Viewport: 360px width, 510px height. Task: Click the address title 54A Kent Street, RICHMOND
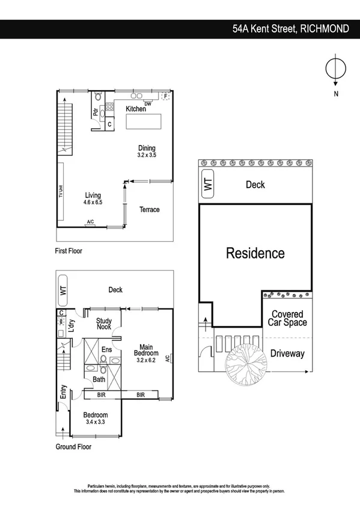pyautogui.click(x=290, y=29)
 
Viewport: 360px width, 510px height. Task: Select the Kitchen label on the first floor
pyautogui.click(x=135, y=109)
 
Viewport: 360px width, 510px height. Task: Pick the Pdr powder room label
pyautogui.click(x=95, y=112)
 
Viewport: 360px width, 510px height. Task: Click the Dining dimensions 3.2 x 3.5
pyautogui.click(x=147, y=155)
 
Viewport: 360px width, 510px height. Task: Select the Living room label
pyautogui.click(x=93, y=195)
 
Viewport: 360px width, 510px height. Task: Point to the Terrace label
pyautogui.click(x=150, y=210)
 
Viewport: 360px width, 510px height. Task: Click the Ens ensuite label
pyautogui.click(x=107, y=349)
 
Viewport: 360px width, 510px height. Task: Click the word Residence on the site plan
pyautogui.click(x=255, y=253)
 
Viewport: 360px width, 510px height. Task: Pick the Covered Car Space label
pyautogui.click(x=287, y=318)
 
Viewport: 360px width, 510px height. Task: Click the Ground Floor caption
pyautogui.click(x=75, y=447)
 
